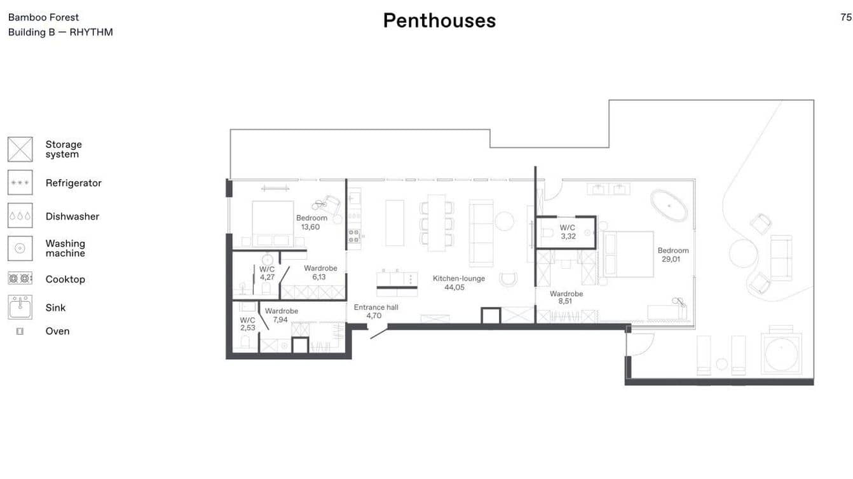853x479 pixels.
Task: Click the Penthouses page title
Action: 439,21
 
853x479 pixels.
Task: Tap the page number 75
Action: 845,17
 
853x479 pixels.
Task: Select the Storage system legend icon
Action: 20,149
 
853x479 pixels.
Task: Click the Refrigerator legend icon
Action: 20,183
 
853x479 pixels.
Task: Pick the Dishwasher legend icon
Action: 20,216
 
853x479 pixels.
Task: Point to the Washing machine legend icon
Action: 20,248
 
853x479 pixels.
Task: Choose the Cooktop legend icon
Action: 20,278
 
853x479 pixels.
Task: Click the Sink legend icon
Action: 20,307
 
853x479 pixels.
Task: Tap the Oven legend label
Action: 57,331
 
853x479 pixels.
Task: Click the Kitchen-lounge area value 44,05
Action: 454,287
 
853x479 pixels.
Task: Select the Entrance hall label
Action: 376,307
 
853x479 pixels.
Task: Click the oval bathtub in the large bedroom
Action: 669,205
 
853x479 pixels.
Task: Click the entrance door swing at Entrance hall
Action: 378,332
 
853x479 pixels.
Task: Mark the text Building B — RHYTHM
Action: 60,32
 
